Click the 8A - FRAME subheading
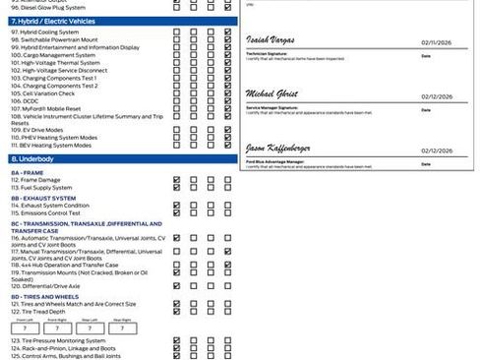(x=29, y=171)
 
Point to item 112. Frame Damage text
(x=39, y=180)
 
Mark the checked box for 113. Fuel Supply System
(x=176, y=188)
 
